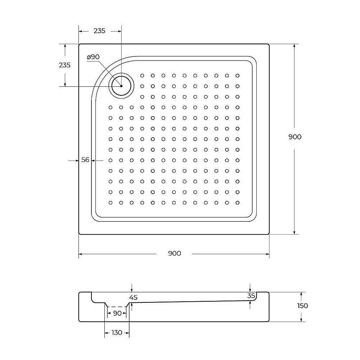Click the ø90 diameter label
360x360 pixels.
[x=93, y=57]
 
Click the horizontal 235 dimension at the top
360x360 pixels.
[x=99, y=31]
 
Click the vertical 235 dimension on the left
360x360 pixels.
[x=64, y=65]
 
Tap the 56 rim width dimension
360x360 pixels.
[x=85, y=160]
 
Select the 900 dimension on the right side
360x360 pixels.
[x=295, y=137]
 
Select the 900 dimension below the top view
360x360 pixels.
[x=174, y=253]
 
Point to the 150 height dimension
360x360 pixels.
[x=303, y=306]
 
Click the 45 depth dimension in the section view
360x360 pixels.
[x=133, y=297]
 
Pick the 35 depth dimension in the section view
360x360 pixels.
[x=251, y=296]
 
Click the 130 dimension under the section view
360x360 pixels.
[x=117, y=332]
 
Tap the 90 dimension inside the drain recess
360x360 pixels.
[x=117, y=313]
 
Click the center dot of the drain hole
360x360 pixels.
[x=122, y=86]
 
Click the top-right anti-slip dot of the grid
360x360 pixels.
[x=238, y=76]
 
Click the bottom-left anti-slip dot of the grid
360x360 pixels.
[x=111, y=202]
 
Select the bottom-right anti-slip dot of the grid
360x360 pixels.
[x=238, y=202]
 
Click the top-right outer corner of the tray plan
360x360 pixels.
[x=269, y=44]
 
